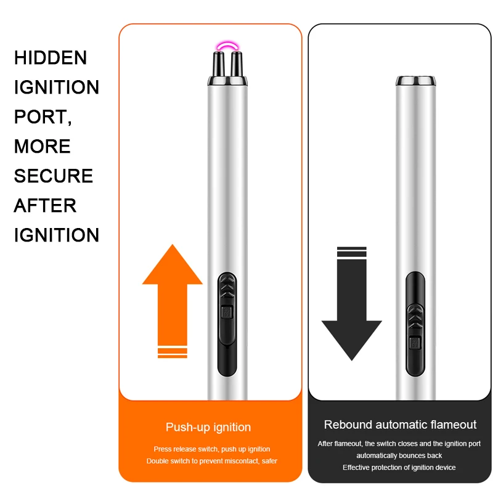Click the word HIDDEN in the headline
click(51, 58)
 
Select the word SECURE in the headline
click(54, 176)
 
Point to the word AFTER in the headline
click(45, 206)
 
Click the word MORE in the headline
click(43, 147)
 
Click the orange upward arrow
click(173, 290)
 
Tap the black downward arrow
click(352, 314)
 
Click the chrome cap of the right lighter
click(414, 81)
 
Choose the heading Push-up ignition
click(208, 427)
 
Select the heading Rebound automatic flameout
click(401, 425)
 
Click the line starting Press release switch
click(212, 449)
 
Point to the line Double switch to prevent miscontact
click(212, 461)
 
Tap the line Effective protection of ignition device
click(399, 467)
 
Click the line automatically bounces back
click(399, 455)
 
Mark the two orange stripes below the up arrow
click(173, 352)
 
